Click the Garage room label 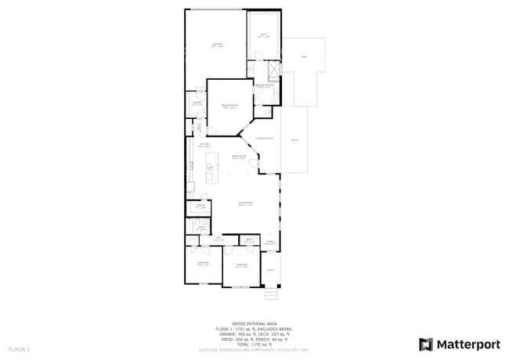[217, 45]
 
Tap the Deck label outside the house [305, 57]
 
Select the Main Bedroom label [229, 106]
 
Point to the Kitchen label [204, 145]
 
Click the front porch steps [271, 294]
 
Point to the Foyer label [269, 243]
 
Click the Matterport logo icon [426, 344]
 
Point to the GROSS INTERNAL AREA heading [254, 323]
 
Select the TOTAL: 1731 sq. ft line [254, 344]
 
